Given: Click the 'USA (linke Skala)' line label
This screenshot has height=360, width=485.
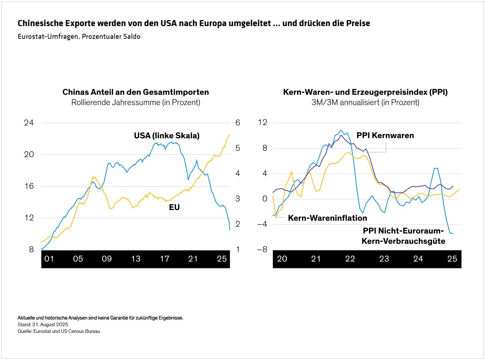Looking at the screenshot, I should click(x=166, y=136).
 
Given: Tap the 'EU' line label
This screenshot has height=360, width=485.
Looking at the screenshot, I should click(x=174, y=207).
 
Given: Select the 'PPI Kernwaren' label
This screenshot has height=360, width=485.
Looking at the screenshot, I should click(x=385, y=136).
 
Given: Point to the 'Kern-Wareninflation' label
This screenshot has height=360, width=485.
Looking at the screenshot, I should click(x=327, y=218).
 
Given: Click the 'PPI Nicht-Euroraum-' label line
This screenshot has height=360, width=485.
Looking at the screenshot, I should click(x=403, y=231).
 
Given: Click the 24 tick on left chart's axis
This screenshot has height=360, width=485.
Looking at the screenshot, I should click(x=29, y=123).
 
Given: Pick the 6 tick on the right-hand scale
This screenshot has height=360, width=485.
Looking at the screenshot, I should click(x=238, y=123).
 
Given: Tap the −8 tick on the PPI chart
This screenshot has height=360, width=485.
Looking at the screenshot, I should click(x=262, y=250).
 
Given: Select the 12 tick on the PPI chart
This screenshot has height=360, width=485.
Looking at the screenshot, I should click(x=263, y=123).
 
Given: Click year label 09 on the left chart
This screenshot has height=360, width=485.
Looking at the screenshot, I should click(x=107, y=259).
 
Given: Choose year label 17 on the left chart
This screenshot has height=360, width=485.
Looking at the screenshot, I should click(x=164, y=259).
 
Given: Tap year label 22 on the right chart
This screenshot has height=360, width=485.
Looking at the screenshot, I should click(x=350, y=259).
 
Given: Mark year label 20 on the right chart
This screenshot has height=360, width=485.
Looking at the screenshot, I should click(x=282, y=259).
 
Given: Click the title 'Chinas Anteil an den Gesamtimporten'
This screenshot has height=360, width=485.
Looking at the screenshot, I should click(x=135, y=92).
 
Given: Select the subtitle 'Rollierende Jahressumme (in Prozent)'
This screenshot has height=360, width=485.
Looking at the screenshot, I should click(x=135, y=103).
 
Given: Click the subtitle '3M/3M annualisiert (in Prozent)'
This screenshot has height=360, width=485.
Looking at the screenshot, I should click(x=365, y=103).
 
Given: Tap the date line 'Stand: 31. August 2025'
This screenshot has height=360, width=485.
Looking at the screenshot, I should click(x=43, y=324).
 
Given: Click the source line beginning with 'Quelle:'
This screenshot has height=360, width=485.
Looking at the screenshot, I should click(x=59, y=331).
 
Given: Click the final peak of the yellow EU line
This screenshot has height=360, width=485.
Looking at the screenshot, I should click(x=229, y=135).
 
